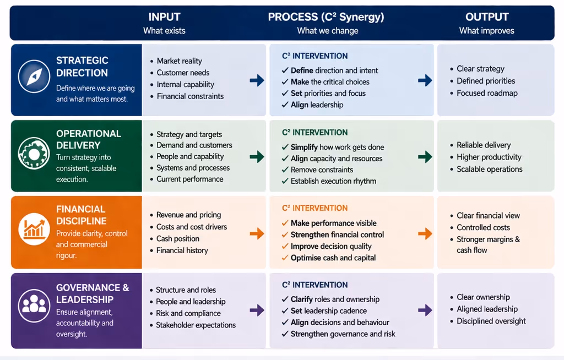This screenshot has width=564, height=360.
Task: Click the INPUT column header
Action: point(164,17)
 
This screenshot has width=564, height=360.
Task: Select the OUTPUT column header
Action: point(486,17)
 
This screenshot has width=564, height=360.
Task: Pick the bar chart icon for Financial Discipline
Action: point(34,228)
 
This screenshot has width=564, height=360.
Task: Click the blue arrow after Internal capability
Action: point(257,80)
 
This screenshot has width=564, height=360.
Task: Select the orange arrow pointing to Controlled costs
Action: point(425,233)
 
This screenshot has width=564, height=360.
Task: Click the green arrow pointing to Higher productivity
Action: point(425,157)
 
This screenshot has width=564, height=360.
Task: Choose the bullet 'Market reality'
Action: point(179,61)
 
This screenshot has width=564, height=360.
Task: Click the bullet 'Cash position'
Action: point(177,239)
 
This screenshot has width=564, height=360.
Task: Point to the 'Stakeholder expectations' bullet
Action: point(196,325)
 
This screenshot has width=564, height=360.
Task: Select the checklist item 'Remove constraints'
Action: point(322,170)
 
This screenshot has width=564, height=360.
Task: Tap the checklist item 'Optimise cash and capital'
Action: point(333,258)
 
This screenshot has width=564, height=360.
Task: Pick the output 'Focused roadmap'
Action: point(487,93)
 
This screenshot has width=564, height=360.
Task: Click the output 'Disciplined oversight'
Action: point(491,321)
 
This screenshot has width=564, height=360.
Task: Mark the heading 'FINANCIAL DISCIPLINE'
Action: point(82,215)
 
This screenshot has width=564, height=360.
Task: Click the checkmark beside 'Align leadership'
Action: point(285,105)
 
